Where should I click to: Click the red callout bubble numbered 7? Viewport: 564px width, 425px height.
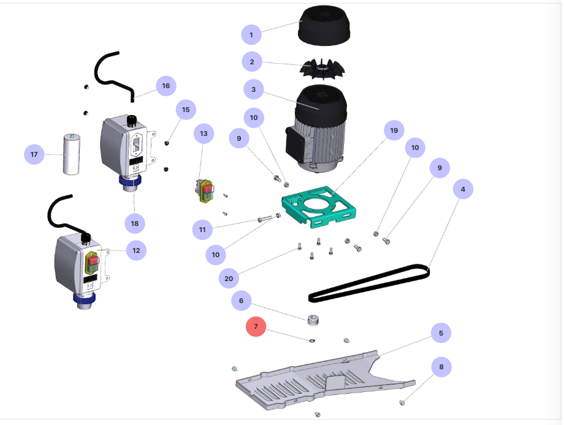point(256,326)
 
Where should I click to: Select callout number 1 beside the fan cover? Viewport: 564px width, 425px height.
point(251,35)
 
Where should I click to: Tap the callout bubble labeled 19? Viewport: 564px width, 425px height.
point(394,130)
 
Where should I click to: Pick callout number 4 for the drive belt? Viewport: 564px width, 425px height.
point(463,190)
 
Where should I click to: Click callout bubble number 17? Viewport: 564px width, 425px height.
point(34,154)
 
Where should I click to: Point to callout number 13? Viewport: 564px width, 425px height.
point(204,134)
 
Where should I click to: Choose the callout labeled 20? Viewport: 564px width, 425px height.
point(229,279)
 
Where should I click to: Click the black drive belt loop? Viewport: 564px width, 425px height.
point(368,283)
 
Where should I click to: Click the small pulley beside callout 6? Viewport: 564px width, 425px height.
point(314,320)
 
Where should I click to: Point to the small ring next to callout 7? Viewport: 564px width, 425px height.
point(313,340)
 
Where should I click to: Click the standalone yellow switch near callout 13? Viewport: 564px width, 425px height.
point(204,190)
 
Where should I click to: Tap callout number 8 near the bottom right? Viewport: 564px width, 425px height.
point(441,367)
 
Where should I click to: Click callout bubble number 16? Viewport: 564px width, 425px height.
point(166,86)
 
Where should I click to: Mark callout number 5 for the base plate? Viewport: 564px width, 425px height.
point(441,333)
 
